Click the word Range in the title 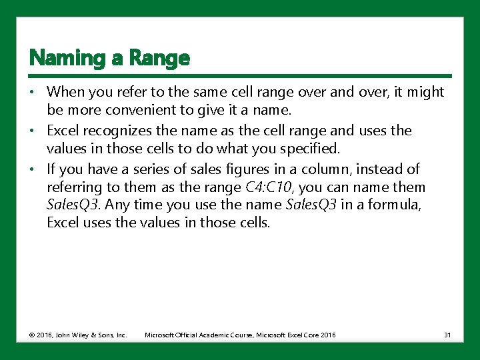(160, 59)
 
